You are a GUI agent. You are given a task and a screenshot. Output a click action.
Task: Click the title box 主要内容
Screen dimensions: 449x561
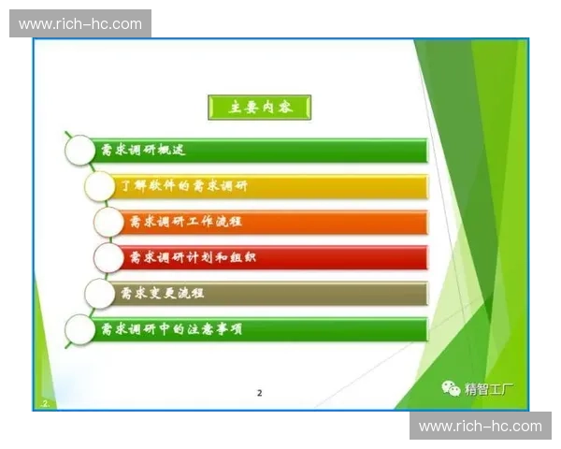(x=258, y=108)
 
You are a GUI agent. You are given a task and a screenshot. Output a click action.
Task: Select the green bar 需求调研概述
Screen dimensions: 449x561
(x=262, y=150)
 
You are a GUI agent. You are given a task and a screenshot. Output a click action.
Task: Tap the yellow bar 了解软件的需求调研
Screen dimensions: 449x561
(x=271, y=185)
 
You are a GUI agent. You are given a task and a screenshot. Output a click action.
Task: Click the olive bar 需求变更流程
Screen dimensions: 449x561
(x=271, y=293)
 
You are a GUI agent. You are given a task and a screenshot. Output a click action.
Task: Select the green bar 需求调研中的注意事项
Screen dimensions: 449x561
(x=262, y=329)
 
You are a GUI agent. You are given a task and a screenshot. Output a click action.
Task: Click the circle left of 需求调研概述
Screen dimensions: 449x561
(x=79, y=150)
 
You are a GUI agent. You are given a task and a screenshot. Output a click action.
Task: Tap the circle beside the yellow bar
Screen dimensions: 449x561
(x=100, y=185)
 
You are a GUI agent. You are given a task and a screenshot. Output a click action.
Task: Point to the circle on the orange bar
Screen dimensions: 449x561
(x=109, y=222)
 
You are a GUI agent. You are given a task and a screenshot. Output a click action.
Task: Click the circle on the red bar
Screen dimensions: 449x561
(x=109, y=257)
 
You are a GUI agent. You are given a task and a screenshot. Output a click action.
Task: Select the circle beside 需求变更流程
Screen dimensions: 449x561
(x=100, y=293)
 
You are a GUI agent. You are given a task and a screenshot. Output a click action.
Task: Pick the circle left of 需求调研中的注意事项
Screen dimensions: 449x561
(x=79, y=329)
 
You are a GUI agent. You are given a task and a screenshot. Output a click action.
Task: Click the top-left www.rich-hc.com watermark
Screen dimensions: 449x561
(x=80, y=23)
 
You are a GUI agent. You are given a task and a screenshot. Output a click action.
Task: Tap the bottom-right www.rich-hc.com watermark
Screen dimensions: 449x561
(x=480, y=426)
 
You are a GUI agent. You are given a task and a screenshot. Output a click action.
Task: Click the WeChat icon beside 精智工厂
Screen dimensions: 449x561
(x=452, y=388)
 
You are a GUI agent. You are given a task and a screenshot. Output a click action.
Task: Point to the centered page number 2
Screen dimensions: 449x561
(x=260, y=393)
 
